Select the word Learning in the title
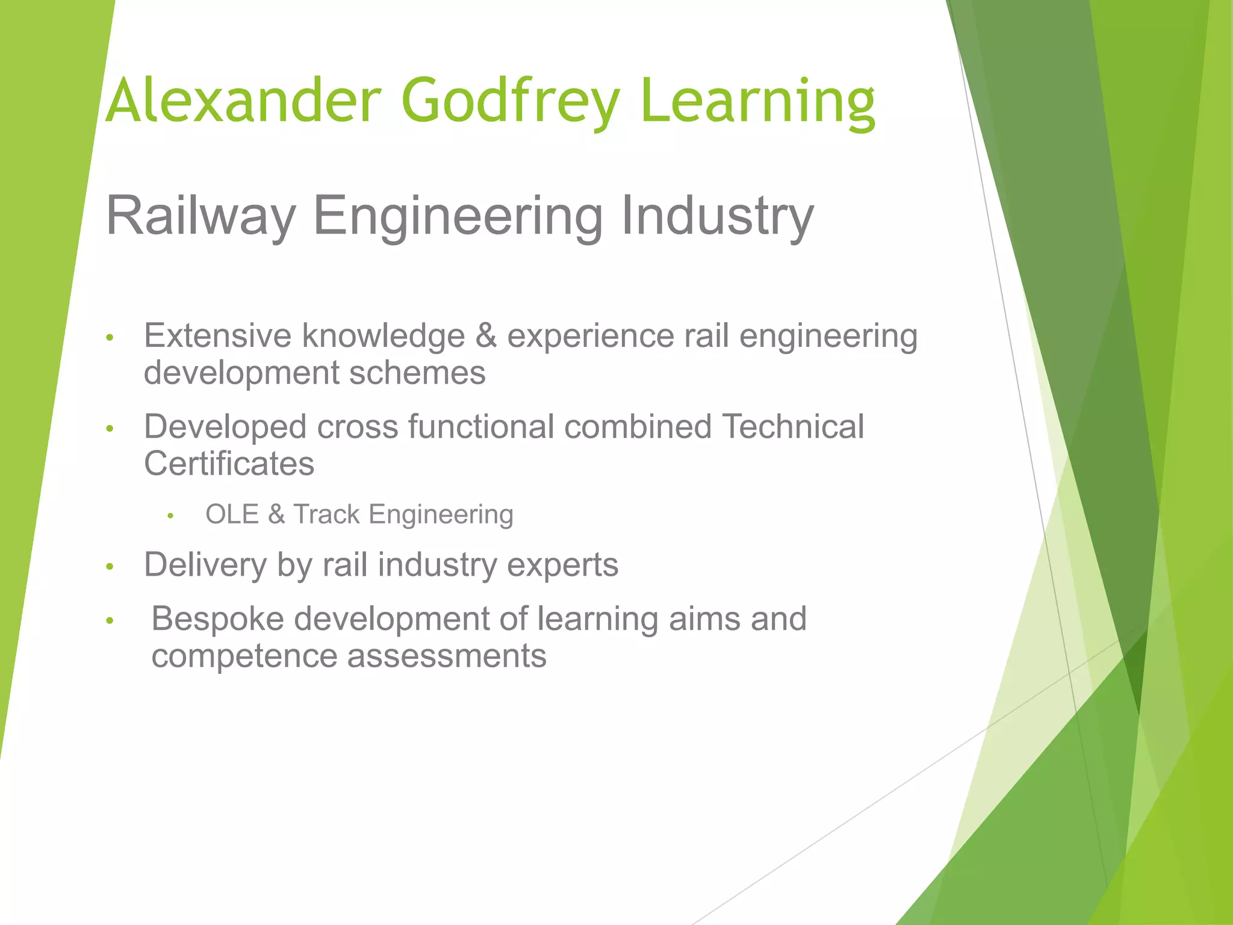coord(758,101)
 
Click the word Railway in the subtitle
coord(200,216)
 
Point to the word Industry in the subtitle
coord(716,216)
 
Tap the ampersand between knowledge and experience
coord(486,335)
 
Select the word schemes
coord(417,373)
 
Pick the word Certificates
coord(229,464)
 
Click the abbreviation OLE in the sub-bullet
coord(232,514)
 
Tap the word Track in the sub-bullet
coord(326,514)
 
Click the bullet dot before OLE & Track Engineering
coord(171,516)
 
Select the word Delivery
coord(205,565)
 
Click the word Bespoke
coord(217,618)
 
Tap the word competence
coord(244,656)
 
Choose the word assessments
coord(447,656)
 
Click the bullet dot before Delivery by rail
coord(110,567)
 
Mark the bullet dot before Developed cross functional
coord(110,429)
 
